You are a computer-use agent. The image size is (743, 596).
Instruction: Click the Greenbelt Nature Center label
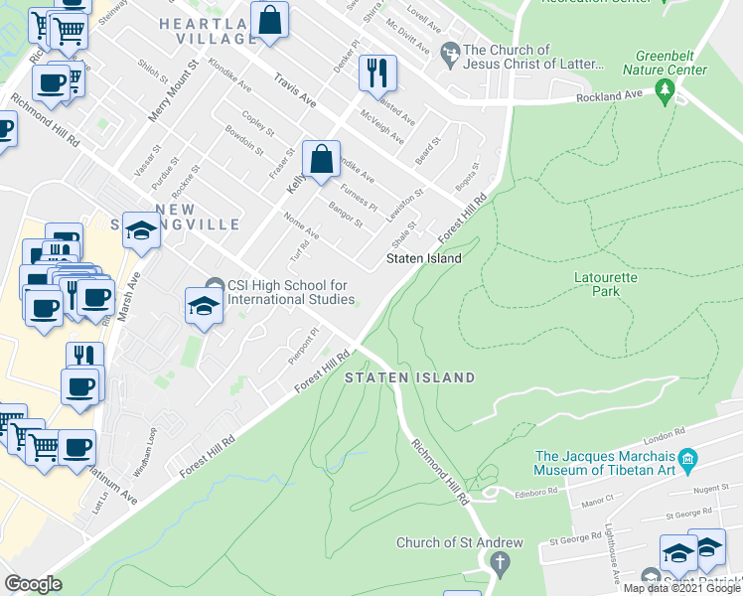[x=665, y=64]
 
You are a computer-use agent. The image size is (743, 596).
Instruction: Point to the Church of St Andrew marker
[x=499, y=563]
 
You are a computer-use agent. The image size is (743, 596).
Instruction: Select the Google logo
[x=33, y=583]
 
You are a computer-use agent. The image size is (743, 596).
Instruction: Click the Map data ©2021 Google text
[x=681, y=588]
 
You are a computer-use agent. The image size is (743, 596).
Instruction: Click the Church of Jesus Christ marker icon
[x=452, y=50]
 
